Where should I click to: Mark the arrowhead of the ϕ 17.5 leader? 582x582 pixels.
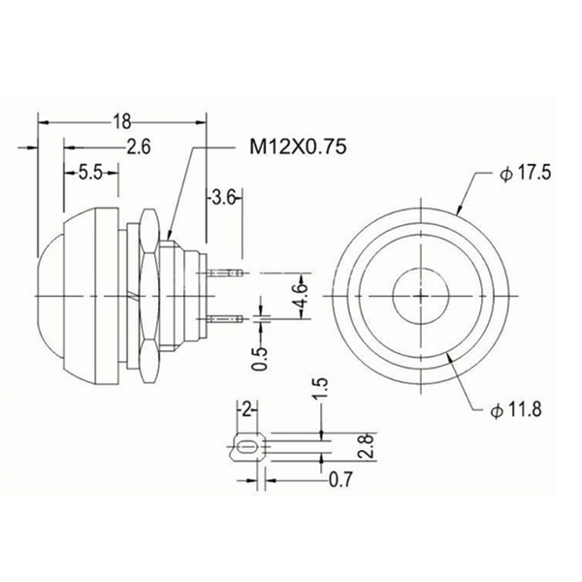(459, 210)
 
